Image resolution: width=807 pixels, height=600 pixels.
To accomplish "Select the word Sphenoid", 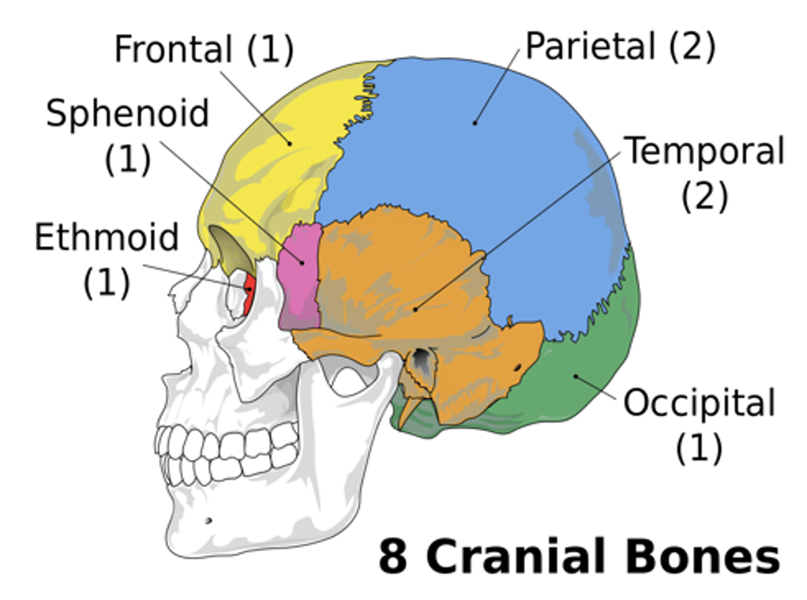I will point(127,113).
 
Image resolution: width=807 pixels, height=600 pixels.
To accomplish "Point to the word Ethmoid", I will point(106,237).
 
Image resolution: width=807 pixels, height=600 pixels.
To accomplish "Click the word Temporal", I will point(704,151).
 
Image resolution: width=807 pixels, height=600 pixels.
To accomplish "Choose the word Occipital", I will point(699,403).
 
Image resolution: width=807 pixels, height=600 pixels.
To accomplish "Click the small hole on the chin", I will point(208,521).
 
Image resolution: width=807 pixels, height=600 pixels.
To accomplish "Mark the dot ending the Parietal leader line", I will point(475,122).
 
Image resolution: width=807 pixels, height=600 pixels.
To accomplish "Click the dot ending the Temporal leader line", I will point(415,308).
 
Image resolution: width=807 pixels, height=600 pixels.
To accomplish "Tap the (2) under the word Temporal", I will point(704,196).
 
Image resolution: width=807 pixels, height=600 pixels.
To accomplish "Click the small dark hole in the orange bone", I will point(517,367).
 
